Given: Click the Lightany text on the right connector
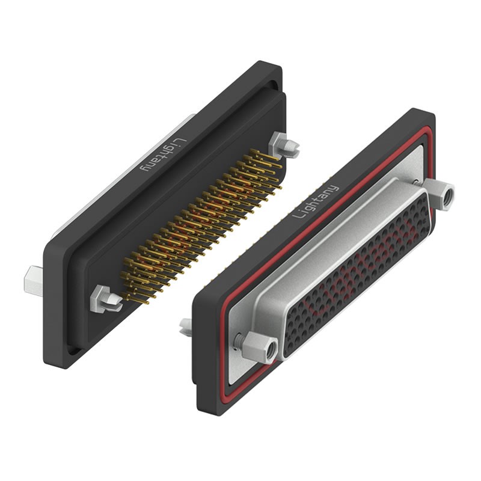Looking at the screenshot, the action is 316,201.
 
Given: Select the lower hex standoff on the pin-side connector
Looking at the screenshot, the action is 106,299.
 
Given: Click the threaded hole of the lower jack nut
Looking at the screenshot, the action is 272,349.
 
